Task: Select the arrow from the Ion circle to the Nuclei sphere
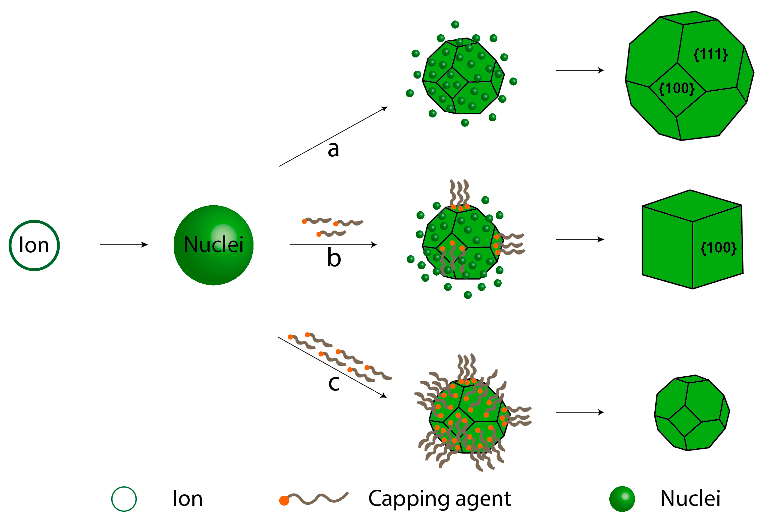tap(124, 244)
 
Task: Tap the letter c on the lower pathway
tap(334, 383)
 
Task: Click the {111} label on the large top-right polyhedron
tap(710, 54)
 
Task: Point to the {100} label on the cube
tap(718, 247)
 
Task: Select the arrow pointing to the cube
tap(580, 239)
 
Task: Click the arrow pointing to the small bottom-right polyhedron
tap(580, 412)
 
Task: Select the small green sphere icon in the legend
tap(622, 499)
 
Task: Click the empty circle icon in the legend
tap(124, 499)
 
